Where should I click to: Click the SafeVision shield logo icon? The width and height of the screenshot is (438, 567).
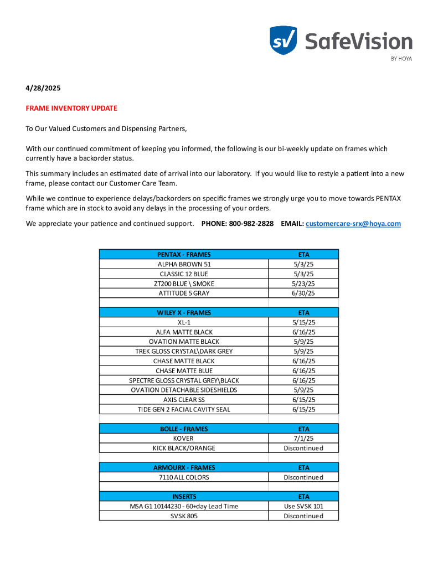click(x=283, y=40)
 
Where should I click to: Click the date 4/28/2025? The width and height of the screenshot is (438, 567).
click(x=43, y=88)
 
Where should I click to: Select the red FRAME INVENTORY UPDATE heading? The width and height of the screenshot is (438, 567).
click(x=71, y=108)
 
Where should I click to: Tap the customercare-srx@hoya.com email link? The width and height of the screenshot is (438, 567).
click(x=353, y=224)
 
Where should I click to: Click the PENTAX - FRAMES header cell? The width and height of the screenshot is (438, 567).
click(x=184, y=254)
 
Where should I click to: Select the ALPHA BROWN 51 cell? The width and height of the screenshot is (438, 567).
click(x=184, y=264)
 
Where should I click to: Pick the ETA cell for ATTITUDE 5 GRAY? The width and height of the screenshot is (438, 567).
click(x=303, y=293)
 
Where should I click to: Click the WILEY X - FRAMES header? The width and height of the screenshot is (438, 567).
click(x=184, y=312)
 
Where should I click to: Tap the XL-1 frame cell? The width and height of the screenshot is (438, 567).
click(x=184, y=322)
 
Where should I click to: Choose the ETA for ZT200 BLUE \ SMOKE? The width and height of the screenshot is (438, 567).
click(x=303, y=283)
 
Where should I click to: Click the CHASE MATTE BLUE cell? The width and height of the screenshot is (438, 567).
click(x=184, y=370)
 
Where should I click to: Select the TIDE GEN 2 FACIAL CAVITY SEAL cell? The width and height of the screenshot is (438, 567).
click(x=184, y=409)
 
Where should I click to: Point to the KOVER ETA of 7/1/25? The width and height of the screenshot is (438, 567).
click(x=303, y=438)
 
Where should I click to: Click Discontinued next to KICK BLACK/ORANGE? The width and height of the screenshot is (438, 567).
click(x=303, y=448)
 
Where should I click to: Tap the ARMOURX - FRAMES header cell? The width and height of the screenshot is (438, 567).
click(x=184, y=467)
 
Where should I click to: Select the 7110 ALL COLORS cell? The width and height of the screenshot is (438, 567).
click(x=184, y=477)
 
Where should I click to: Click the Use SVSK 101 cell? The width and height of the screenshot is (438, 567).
click(x=303, y=506)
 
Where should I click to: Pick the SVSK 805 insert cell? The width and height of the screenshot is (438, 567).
click(x=184, y=516)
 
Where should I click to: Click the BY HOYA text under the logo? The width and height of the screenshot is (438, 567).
click(x=401, y=59)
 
